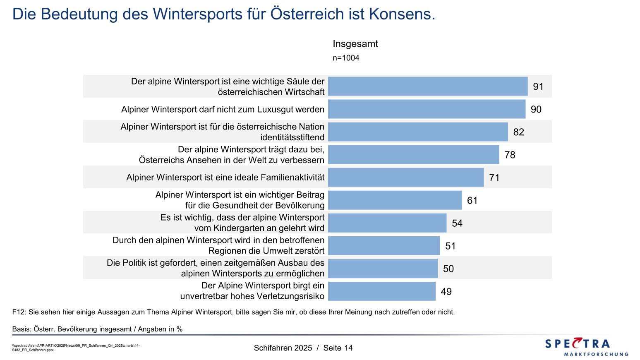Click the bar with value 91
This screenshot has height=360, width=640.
[x=427, y=86]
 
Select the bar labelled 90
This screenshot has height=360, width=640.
[x=427, y=109]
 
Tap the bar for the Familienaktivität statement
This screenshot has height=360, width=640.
[x=405, y=178]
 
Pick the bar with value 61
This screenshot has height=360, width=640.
[x=395, y=200]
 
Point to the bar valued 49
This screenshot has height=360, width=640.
[x=381, y=291]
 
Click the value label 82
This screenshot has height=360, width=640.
[x=518, y=132]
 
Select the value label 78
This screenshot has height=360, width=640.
[x=510, y=155]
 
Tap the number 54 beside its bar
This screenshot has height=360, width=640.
[x=457, y=223]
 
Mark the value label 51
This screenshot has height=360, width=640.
[x=450, y=246]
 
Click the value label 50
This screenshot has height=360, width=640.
[x=448, y=269]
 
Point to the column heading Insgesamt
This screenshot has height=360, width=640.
[x=355, y=44]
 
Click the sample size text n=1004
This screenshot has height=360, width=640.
[x=346, y=58]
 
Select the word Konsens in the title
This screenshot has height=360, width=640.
[x=401, y=14]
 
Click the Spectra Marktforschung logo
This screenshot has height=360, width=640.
[x=586, y=347]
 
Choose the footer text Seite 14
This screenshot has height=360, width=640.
[x=338, y=348]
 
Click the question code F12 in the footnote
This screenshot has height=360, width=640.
[x=18, y=312]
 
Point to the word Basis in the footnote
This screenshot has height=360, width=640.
[x=22, y=329]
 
